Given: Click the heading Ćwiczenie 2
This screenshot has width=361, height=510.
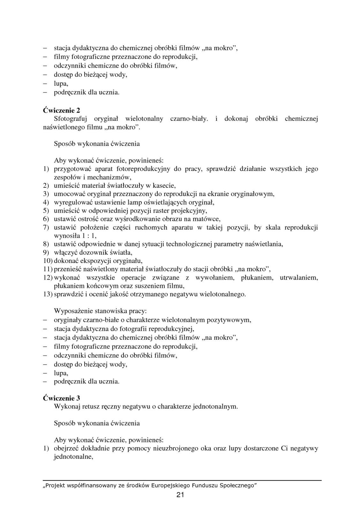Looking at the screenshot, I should (61, 110).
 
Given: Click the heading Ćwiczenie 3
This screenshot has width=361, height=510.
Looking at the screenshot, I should (61, 398).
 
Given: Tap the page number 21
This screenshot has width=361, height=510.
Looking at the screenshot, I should (180, 495).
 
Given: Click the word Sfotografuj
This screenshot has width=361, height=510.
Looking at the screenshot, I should (70, 119).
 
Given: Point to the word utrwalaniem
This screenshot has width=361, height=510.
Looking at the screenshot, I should (299, 277).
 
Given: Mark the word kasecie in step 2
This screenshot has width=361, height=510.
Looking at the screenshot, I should (164, 186).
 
